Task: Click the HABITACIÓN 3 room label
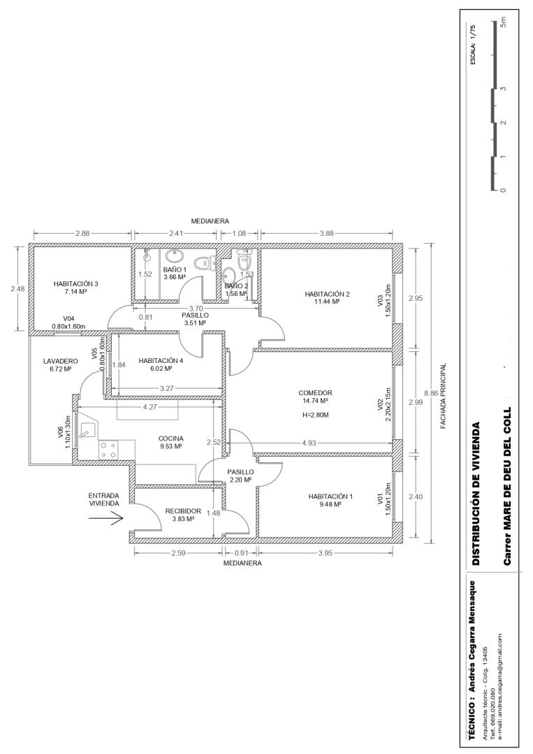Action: pyautogui.click(x=75, y=283)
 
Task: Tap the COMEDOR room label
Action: pyautogui.click(x=315, y=393)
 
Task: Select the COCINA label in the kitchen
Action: pyautogui.click(x=170, y=438)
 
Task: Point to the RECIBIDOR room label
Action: pyautogui.click(x=183, y=511)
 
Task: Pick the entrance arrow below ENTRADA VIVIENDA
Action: pyautogui.click(x=114, y=518)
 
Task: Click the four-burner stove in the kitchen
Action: pyautogui.click(x=108, y=450)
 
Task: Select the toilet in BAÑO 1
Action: pyautogui.click(x=204, y=263)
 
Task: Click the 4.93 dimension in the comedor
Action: pyautogui.click(x=309, y=443)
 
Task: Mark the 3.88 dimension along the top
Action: pyautogui.click(x=327, y=234)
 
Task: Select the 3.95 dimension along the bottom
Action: pyautogui.click(x=326, y=553)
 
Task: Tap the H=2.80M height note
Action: pyautogui.click(x=315, y=415)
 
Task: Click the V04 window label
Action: pyautogui.click(x=68, y=318)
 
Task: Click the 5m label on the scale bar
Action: pyautogui.click(x=503, y=22)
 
